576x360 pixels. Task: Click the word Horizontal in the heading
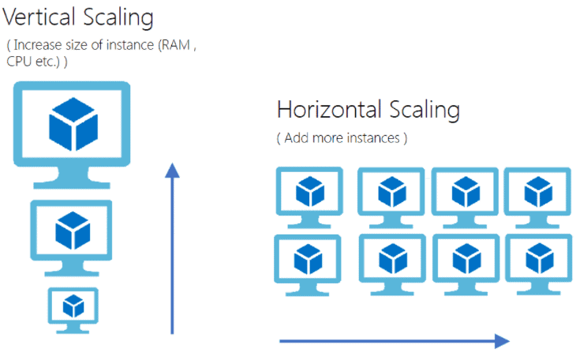click(x=328, y=110)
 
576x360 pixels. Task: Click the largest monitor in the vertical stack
click(x=71, y=126)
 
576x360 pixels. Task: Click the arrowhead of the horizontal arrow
click(x=502, y=341)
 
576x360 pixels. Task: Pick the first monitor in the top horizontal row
click(x=308, y=192)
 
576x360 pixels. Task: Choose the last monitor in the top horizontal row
click(x=537, y=192)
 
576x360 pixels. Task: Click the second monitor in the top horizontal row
click(x=391, y=192)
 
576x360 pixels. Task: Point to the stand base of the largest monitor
click(x=71, y=183)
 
